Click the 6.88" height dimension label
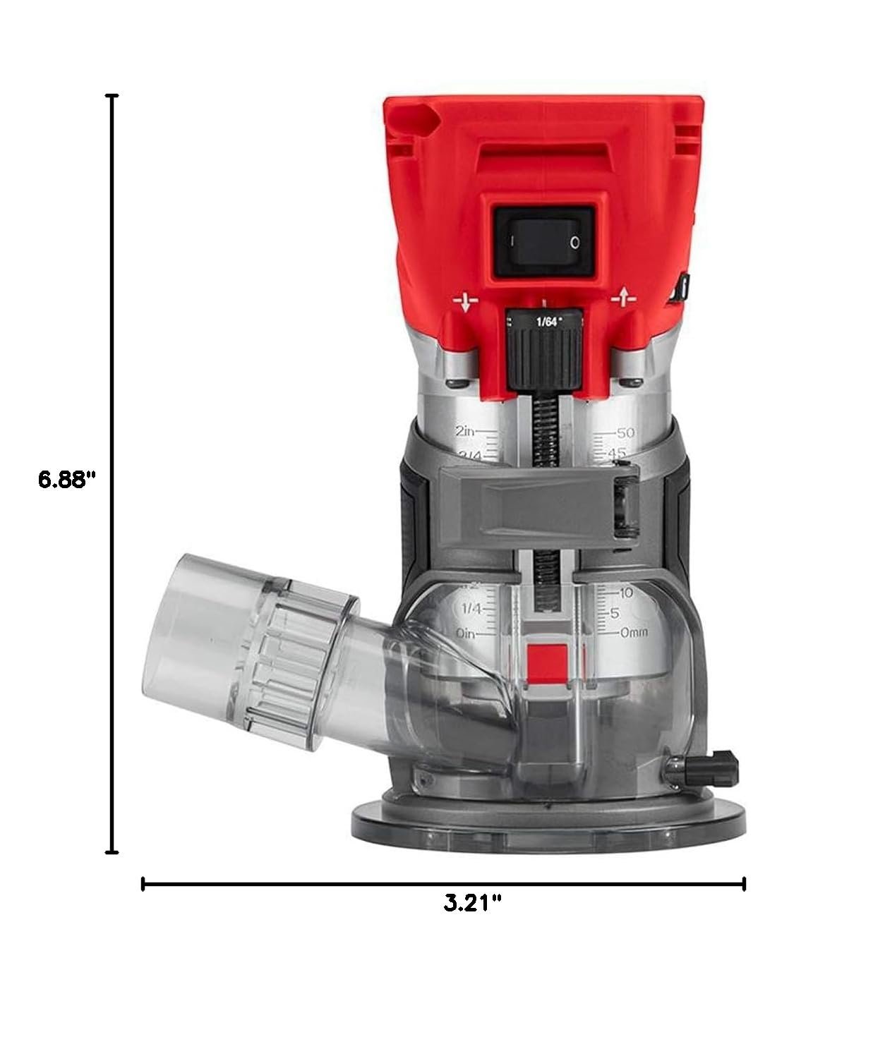[66, 480]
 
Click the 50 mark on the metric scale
[626, 432]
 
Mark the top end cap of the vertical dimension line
[112, 95]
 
